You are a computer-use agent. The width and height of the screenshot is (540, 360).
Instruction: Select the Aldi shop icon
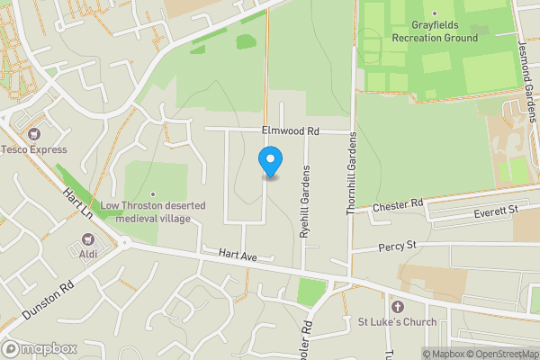88,239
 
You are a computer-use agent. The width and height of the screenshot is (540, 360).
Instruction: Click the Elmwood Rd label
290,131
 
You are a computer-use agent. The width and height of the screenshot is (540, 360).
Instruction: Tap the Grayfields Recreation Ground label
435,32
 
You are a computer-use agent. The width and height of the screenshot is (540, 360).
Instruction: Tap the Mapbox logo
39,347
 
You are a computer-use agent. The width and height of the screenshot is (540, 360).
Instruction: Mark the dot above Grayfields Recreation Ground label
433,13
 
